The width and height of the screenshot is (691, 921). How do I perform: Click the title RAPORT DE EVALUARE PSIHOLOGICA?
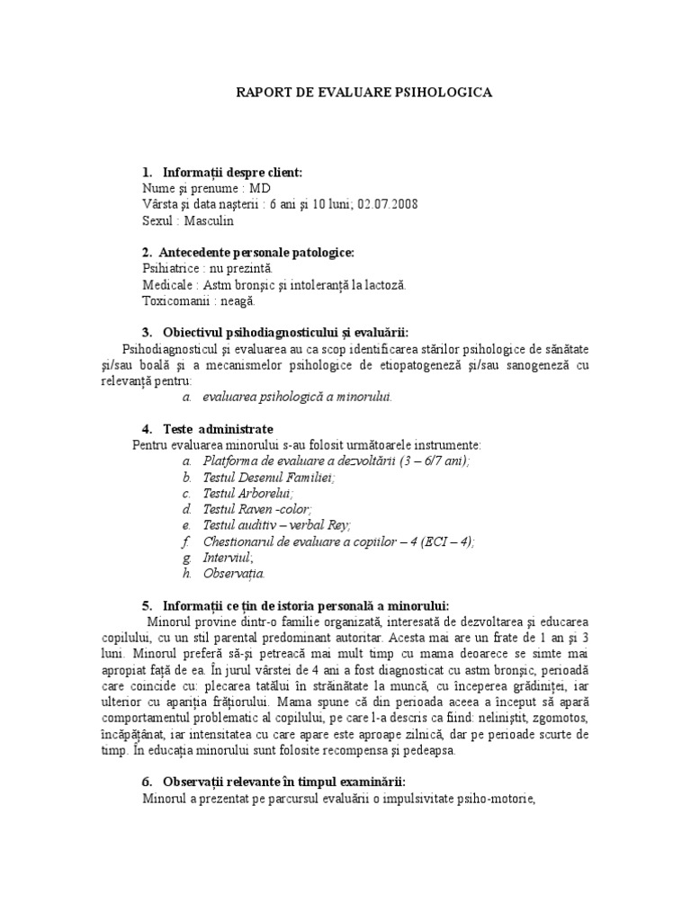(363, 93)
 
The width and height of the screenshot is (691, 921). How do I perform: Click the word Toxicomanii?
(178, 301)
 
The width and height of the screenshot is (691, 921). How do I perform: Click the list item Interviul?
(228, 558)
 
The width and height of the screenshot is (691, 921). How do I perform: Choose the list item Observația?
(234, 573)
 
